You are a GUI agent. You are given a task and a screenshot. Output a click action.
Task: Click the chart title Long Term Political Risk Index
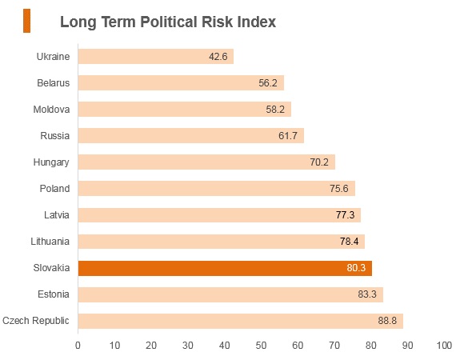(x=168, y=22)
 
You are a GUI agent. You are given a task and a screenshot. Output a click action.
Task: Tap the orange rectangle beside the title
(x=26, y=21)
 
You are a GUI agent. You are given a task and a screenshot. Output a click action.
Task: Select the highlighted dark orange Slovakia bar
(x=225, y=268)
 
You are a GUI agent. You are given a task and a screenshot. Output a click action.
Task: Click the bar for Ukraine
(x=156, y=56)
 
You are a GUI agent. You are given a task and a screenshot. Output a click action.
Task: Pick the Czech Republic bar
(x=241, y=321)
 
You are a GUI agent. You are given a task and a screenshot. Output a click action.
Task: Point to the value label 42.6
(x=218, y=57)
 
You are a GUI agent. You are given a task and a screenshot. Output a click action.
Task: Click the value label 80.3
(x=356, y=268)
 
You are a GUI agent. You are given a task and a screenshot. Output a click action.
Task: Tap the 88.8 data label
(x=387, y=321)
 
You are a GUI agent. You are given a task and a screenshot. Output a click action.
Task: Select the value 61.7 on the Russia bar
(x=288, y=136)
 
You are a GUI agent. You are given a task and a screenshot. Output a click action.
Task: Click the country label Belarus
(x=54, y=83)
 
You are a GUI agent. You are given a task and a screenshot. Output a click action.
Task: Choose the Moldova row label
(x=51, y=110)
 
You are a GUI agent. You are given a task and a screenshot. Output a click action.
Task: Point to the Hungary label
(x=51, y=162)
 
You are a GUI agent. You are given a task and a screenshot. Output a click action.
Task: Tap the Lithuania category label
(x=50, y=242)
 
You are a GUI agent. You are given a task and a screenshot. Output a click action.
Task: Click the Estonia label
(x=54, y=294)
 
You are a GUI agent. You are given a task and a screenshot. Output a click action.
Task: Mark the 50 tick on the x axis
(x=261, y=346)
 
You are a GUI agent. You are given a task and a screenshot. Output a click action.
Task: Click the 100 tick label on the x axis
(x=444, y=346)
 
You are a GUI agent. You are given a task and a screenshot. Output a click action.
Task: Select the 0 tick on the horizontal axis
(x=78, y=346)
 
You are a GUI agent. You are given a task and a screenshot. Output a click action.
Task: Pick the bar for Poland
(x=217, y=188)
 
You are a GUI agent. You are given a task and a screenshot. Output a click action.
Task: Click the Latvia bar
(x=219, y=215)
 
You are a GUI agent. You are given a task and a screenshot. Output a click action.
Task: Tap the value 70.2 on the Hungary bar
(x=319, y=162)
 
